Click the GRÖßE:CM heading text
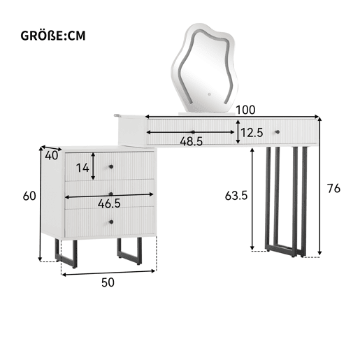pyautogui.click(x=53, y=36)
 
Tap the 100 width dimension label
pyautogui.click(x=245, y=110)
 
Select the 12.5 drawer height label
pyautogui.click(x=252, y=133)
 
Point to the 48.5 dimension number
pyautogui.click(x=192, y=141)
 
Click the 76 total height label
pyautogui.click(x=333, y=188)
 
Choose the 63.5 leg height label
pyautogui.click(x=236, y=196)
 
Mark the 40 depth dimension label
pyautogui.click(x=51, y=156)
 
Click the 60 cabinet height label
pyautogui.click(x=29, y=196)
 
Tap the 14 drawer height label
pyautogui.click(x=82, y=168)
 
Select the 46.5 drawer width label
pyautogui.click(x=109, y=203)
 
